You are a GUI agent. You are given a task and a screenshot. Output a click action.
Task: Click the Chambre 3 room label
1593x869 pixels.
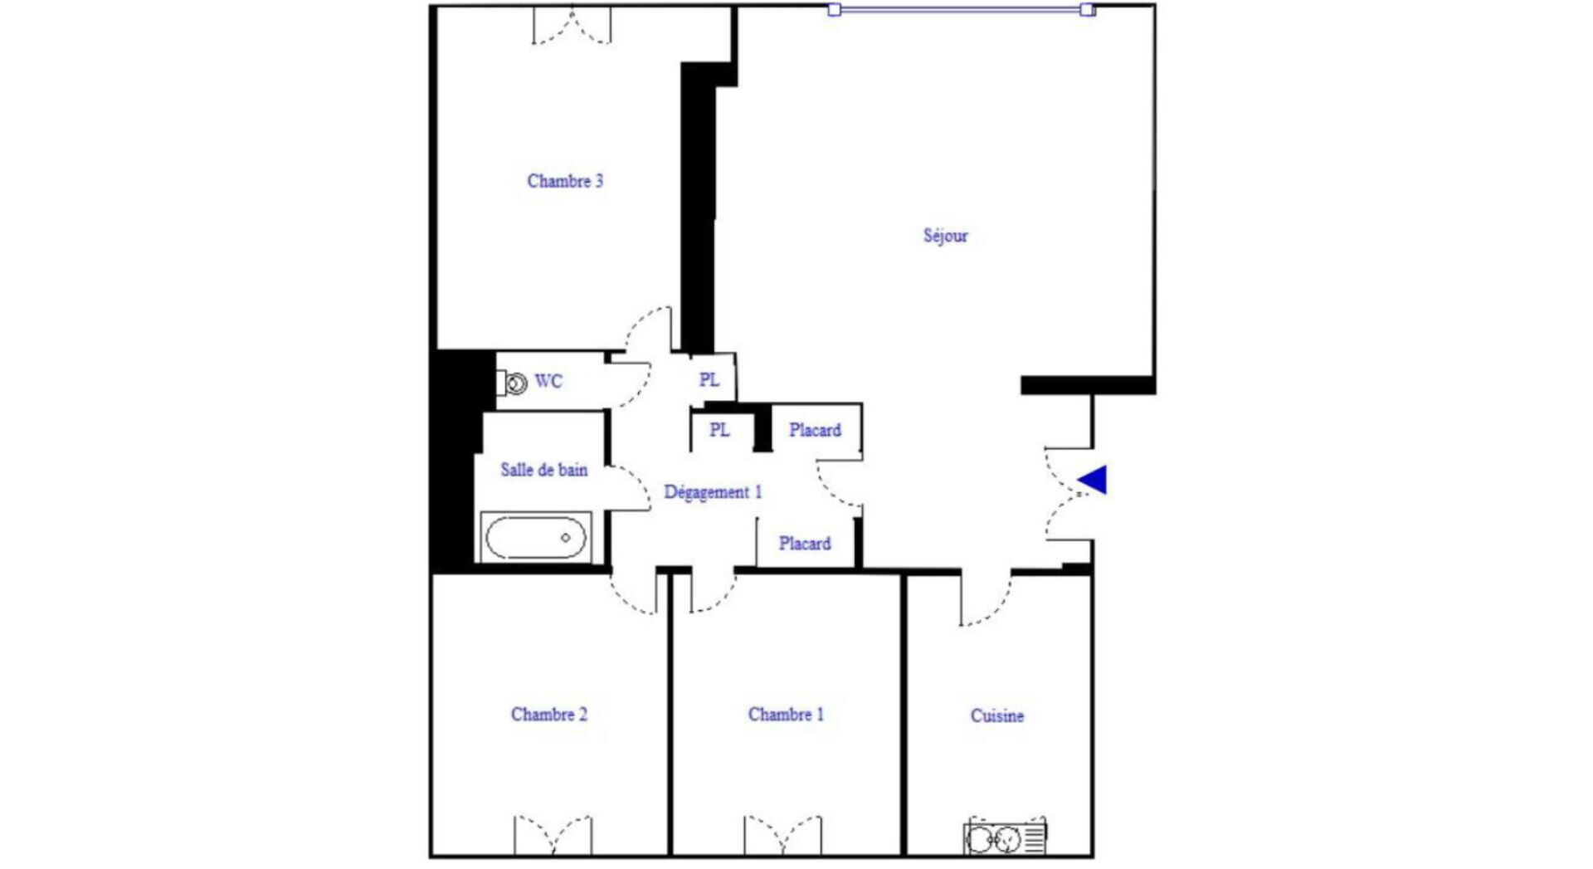(x=565, y=181)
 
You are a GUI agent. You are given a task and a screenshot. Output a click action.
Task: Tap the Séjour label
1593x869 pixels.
(x=946, y=236)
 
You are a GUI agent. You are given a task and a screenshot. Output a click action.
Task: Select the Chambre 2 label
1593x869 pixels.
(x=549, y=715)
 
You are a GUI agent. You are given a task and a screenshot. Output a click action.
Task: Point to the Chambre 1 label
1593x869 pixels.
(x=786, y=715)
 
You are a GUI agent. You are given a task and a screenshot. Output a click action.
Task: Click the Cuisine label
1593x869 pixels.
(x=997, y=715)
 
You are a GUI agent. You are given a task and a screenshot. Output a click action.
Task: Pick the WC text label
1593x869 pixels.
(x=548, y=381)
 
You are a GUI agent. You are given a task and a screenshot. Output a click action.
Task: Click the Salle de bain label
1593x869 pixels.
(x=544, y=470)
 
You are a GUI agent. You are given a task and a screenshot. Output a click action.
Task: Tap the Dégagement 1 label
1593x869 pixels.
(x=713, y=492)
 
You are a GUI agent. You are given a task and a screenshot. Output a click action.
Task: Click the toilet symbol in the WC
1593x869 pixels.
(x=513, y=383)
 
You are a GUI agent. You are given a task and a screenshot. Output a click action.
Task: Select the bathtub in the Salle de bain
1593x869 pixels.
(x=536, y=537)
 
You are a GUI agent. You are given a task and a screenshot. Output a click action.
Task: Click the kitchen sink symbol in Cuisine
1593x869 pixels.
(x=1005, y=837)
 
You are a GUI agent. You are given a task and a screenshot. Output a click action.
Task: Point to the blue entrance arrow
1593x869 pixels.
(x=1093, y=480)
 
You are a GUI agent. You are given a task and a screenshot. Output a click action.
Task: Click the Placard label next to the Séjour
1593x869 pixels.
(x=815, y=430)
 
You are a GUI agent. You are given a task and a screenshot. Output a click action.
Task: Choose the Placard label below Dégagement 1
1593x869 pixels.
(x=805, y=544)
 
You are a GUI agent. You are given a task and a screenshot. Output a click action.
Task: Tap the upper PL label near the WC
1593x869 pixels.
(x=709, y=380)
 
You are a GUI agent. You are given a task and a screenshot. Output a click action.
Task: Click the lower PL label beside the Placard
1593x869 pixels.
(x=719, y=430)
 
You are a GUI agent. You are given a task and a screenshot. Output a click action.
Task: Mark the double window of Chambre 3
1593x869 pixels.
(x=572, y=25)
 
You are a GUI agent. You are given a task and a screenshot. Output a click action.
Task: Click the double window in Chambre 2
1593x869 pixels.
(x=553, y=835)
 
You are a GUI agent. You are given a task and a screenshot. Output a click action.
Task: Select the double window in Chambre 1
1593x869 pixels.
(x=783, y=835)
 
